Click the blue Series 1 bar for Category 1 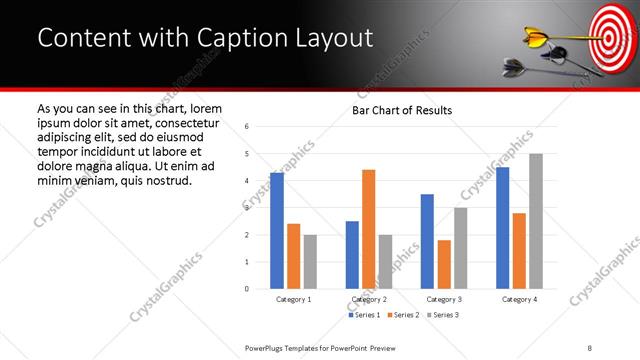pos(277,231)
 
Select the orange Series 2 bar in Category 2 pos(368,229)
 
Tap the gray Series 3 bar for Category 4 pos(536,221)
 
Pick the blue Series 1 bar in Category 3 pos(427,241)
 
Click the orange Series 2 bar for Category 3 pos(444,264)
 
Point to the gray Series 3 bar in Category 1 pos(310,262)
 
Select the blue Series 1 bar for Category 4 pos(503,228)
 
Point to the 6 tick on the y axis pos(247,126)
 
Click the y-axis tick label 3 pos(247,208)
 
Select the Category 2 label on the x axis pos(368,299)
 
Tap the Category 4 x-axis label pos(519,299)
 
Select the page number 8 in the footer pos(589,346)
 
